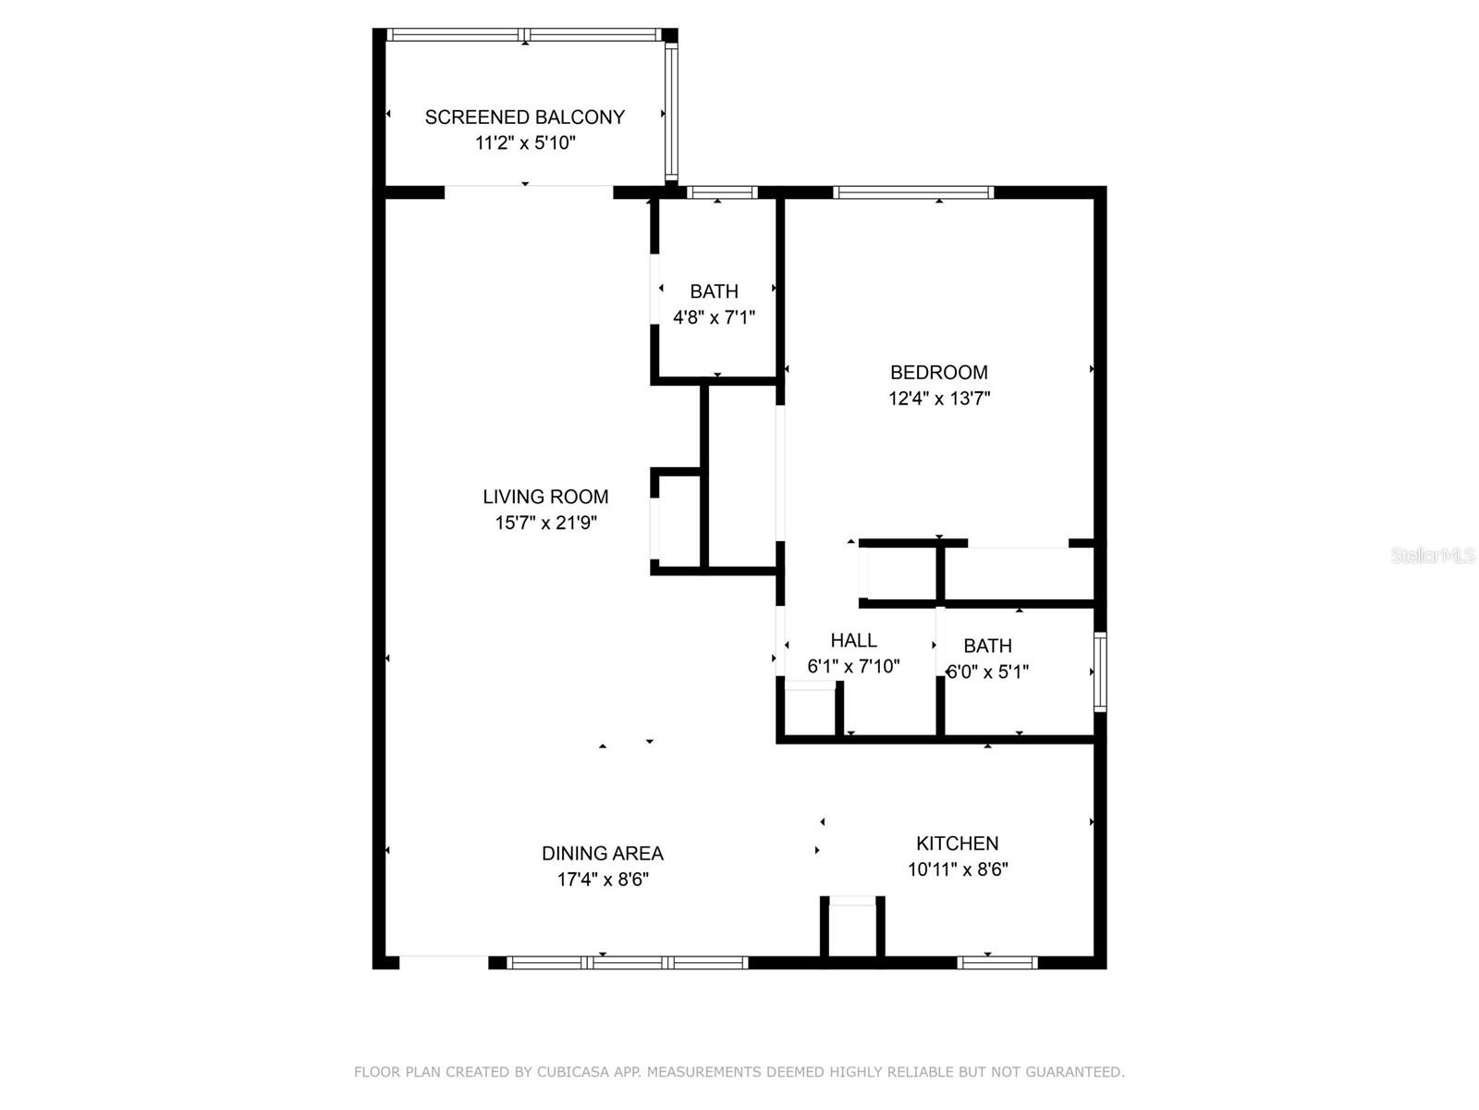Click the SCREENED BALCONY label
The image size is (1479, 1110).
click(524, 117)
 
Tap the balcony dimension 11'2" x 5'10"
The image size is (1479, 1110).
click(524, 143)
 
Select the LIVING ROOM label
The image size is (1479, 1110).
click(545, 497)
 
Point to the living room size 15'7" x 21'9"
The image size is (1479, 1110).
click(545, 523)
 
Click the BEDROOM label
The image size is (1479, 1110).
click(938, 373)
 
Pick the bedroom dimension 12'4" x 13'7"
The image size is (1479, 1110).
click(939, 399)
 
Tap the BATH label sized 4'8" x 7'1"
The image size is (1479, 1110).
click(714, 291)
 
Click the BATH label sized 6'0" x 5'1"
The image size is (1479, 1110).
click(987, 646)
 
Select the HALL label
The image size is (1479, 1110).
click(853, 640)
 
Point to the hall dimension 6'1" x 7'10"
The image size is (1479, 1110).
click(853, 666)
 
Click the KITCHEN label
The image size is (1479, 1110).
click(957, 844)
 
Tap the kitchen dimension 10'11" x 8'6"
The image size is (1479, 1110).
click(957, 869)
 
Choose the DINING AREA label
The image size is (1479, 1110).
click(603, 854)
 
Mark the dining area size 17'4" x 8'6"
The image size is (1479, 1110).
click(603, 880)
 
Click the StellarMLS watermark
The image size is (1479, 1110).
click(1432, 556)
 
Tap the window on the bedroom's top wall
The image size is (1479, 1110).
click(912, 192)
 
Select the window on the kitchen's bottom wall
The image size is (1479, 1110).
click(996, 963)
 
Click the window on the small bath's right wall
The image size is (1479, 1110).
click(1100, 672)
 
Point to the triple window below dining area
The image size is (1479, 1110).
click(628, 963)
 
